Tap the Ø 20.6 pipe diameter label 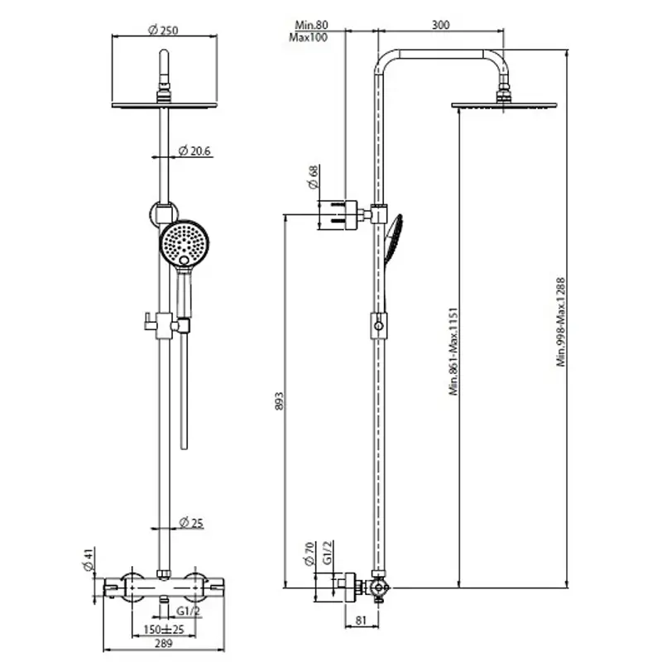[x=195, y=151]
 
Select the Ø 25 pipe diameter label [x=191, y=522]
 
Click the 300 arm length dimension [x=440, y=25]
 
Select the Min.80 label [x=310, y=26]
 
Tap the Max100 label [x=308, y=38]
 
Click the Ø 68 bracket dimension [x=313, y=177]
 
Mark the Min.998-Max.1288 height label [x=560, y=321]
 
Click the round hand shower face [x=184, y=242]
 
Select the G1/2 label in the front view [x=189, y=612]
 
